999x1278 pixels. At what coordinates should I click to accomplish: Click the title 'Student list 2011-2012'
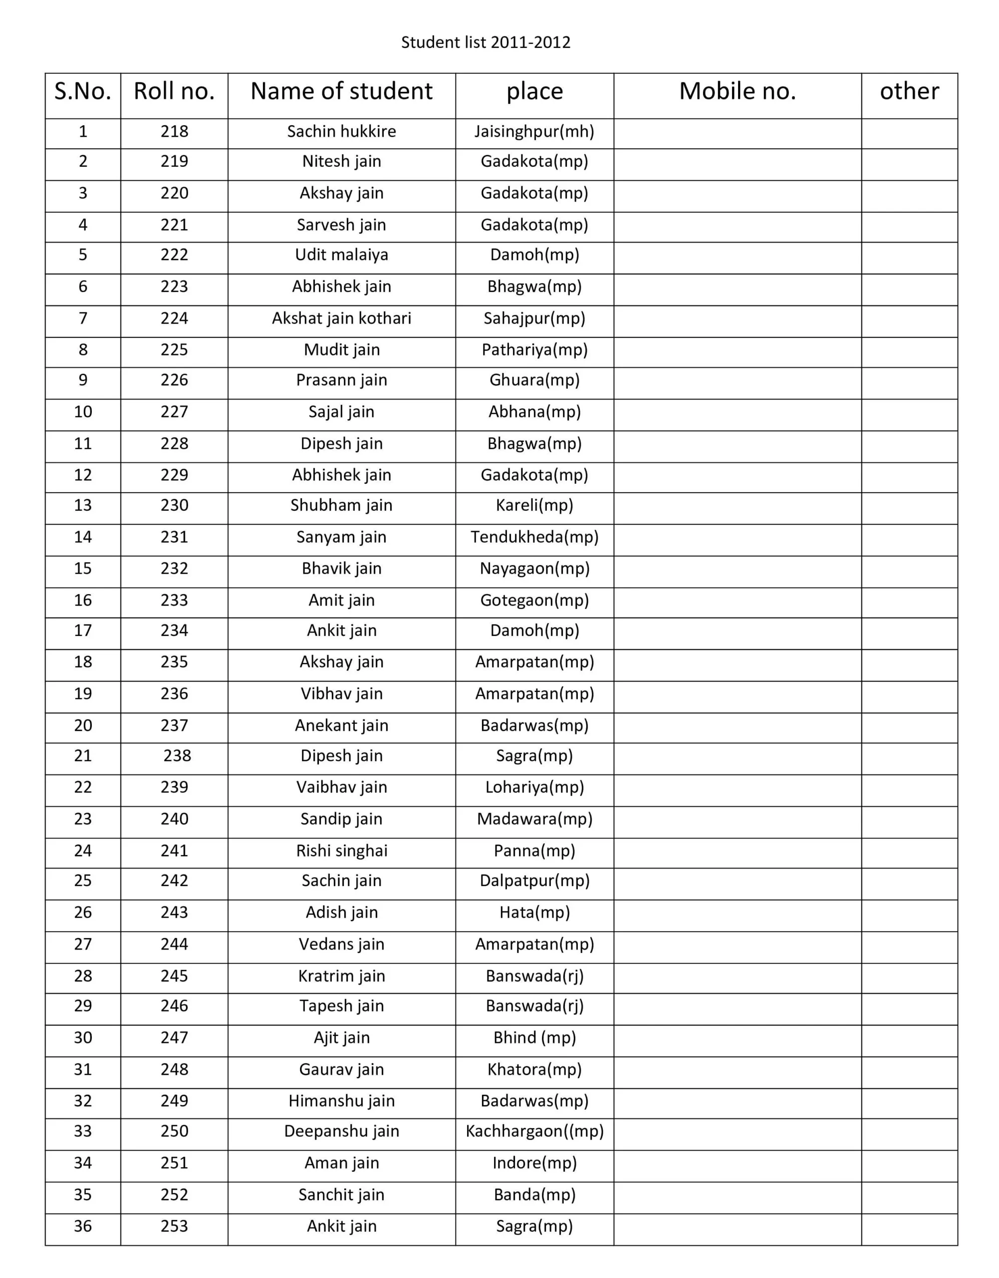tap(486, 42)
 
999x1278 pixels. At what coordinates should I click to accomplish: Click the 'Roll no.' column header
tap(174, 91)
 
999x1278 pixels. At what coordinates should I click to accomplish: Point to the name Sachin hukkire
tap(342, 131)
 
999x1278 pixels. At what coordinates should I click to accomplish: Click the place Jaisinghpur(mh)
tap(534, 131)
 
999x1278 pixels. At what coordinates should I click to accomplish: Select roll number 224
tap(174, 319)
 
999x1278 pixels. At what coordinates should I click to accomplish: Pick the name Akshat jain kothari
tap(342, 319)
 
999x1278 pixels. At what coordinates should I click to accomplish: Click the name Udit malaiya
tap(342, 255)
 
